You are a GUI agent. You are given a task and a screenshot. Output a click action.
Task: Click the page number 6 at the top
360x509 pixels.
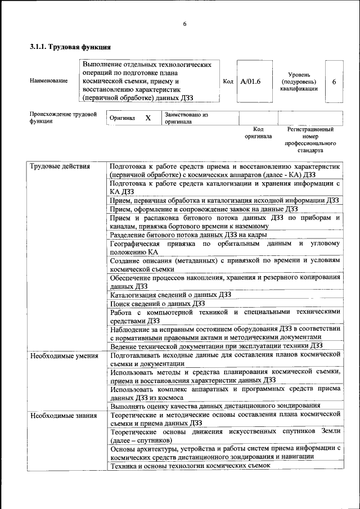pos(184,24)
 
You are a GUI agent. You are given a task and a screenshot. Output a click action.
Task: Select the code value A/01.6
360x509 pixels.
pos(250,82)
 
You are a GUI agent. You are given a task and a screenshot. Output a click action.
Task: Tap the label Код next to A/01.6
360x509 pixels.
pos(228,82)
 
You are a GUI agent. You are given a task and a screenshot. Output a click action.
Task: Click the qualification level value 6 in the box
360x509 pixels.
pos(334,82)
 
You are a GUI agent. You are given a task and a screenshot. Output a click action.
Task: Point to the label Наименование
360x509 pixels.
pos(48,81)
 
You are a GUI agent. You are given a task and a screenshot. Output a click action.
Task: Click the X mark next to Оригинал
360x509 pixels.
pos(148,118)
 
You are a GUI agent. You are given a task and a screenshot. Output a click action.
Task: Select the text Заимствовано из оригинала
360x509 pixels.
pos(186,118)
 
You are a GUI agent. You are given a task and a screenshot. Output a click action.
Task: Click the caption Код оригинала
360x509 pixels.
pos(258,133)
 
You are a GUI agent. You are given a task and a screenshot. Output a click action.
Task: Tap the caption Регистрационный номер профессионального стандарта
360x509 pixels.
pos(310,140)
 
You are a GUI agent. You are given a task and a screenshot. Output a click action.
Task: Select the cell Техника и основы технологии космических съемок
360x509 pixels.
pos(190,466)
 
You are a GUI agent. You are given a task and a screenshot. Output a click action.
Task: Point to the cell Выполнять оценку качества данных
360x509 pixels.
pos(215,405)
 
